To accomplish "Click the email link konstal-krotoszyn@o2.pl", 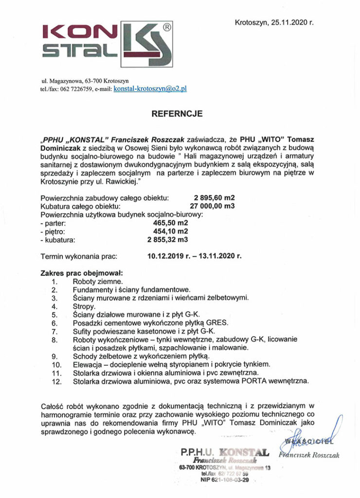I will click(x=150, y=89).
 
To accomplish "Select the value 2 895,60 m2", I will click(x=214, y=198).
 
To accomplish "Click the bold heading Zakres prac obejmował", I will click(x=81, y=272).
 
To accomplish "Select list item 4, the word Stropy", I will click(x=83, y=306).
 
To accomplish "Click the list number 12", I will click(x=56, y=382).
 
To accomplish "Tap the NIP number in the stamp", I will click(x=225, y=480).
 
